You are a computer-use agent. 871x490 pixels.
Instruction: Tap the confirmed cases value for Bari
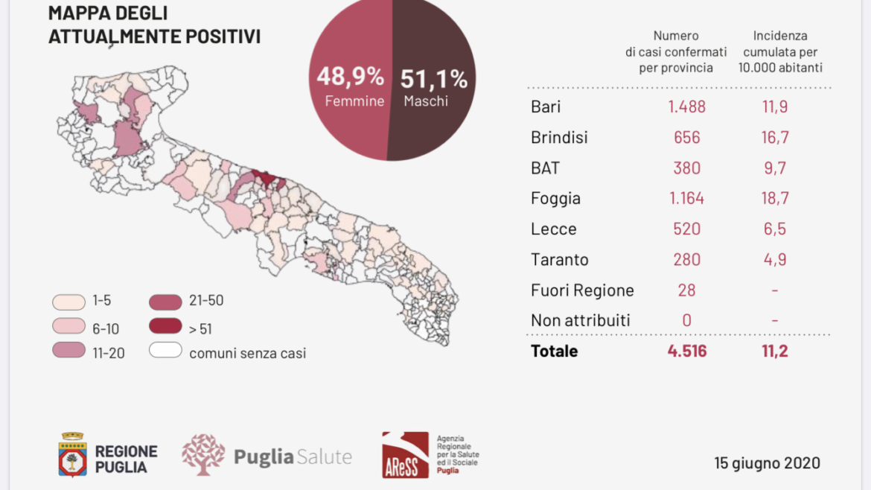click(686, 106)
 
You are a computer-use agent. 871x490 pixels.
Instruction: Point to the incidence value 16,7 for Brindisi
click(775, 137)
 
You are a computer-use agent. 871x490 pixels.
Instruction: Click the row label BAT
click(545, 168)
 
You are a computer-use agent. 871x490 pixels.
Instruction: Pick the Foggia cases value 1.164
click(686, 198)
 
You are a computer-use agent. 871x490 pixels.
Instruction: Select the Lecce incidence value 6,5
click(775, 229)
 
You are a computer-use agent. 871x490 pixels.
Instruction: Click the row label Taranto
click(559, 259)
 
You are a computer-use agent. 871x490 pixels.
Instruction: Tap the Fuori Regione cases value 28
click(686, 290)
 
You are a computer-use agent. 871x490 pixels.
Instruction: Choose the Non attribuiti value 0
click(686, 320)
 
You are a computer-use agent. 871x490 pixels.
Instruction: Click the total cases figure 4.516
click(686, 351)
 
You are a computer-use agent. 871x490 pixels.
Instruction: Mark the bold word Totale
click(555, 351)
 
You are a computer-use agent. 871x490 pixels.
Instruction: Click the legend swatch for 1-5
click(69, 302)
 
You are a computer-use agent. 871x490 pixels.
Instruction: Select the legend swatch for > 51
click(165, 326)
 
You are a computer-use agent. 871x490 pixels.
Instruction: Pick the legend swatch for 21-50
click(165, 302)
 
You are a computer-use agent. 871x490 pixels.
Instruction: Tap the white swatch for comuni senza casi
click(165, 350)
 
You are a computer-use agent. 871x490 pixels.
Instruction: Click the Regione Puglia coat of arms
click(73, 454)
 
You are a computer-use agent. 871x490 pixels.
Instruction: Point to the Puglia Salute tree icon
click(203, 454)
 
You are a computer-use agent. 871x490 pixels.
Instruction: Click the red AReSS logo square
click(405, 455)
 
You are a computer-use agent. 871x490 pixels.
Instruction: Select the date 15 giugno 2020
click(767, 462)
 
